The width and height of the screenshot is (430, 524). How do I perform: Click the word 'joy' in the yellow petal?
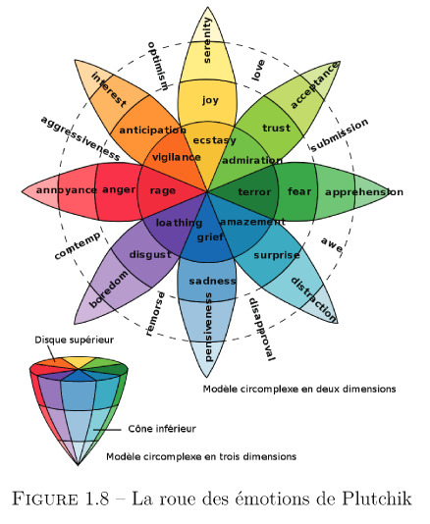(x=210, y=100)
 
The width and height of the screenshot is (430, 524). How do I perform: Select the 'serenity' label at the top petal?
(x=207, y=40)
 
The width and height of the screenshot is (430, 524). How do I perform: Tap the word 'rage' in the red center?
(x=163, y=190)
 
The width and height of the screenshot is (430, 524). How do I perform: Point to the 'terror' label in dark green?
(x=254, y=192)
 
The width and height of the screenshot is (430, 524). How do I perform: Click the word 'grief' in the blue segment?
(x=210, y=237)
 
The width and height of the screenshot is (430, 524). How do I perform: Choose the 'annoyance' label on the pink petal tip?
(x=67, y=190)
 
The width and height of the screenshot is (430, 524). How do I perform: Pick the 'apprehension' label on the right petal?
(x=364, y=192)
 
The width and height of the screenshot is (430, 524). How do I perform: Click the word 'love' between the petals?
(x=258, y=71)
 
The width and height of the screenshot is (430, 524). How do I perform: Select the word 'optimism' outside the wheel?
(x=157, y=66)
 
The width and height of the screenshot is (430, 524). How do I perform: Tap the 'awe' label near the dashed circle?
(x=332, y=244)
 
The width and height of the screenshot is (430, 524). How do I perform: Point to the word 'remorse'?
(x=155, y=313)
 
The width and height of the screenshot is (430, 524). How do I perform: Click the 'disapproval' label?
(x=262, y=329)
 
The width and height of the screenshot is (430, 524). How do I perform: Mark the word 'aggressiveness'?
(x=80, y=138)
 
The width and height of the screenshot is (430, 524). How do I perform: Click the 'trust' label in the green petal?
(x=276, y=128)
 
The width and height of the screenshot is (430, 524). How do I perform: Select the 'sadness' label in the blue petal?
(x=213, y=281)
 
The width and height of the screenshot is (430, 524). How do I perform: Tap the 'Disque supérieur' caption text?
(x=75, y=341)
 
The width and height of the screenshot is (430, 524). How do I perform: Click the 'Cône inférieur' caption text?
(x=162, y=429)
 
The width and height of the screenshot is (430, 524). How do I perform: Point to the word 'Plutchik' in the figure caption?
(x=377, y=498)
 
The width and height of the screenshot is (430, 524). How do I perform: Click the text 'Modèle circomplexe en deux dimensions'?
(x=299, y=389)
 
